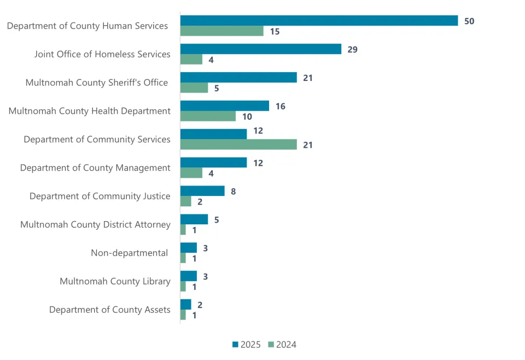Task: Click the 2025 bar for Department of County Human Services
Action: pyautogui.click(x=319, y=21)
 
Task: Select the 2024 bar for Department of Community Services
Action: pyautogui.click(x=238, y=144)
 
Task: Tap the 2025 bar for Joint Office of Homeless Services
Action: pyautogui.click(x=261, y=49)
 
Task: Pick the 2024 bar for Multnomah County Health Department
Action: pyautogui.click(x=208, y=116)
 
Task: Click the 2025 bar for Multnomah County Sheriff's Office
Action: pyautogui.click(x=238, y=78)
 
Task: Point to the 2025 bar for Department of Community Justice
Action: pyautogui.click(x=202, y=191)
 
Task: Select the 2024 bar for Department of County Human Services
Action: pyautogui.click(x=221, y=31)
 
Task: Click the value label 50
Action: pyautogui.click(x=469, y=21)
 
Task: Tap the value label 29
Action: pyautogui.click(x=352, y=49)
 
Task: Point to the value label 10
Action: pyautogui.click(x=247, y=117)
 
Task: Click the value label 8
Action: pyautogui.click(x=234, y=191)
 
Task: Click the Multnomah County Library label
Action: pyautogui.click(x=115, y=281)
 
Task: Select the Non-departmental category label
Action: pyautogui.click(x=129, y=253)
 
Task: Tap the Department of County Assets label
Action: pyautogui.click(x=109, y=310)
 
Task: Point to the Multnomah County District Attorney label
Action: pyautogui.click(x=95, y=224)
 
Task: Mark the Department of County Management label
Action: pyautogui.click(x=95, y=167)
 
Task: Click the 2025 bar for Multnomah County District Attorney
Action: pyautogui.click(x=194, y=219)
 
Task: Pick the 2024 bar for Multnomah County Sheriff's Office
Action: pyautogui.click(x=194, y=88)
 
